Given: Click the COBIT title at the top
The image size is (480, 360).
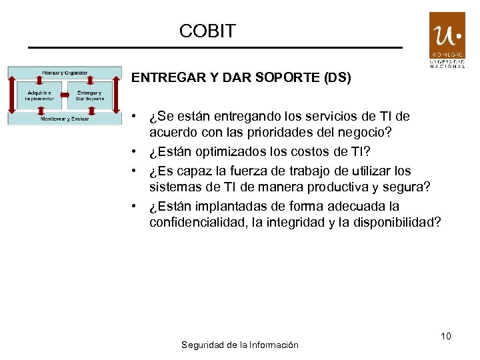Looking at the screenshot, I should pos(207,31).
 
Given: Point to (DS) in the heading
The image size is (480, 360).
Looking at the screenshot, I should pos(337,78).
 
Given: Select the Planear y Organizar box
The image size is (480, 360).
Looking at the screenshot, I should pos(65,72).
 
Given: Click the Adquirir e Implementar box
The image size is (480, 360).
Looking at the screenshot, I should pos(39,95).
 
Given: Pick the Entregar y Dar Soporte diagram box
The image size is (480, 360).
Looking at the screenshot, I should pos(89,95).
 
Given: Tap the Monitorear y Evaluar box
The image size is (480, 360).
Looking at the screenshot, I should pos(65,119).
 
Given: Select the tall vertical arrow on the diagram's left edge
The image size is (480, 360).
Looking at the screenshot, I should pos(11,95).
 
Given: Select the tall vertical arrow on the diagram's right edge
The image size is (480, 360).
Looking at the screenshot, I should pos(117,95).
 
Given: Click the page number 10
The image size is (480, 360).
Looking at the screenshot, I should pos(445,336).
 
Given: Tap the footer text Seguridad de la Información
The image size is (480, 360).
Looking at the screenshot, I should pos(239,345).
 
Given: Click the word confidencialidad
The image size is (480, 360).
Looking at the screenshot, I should pos(197,223).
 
